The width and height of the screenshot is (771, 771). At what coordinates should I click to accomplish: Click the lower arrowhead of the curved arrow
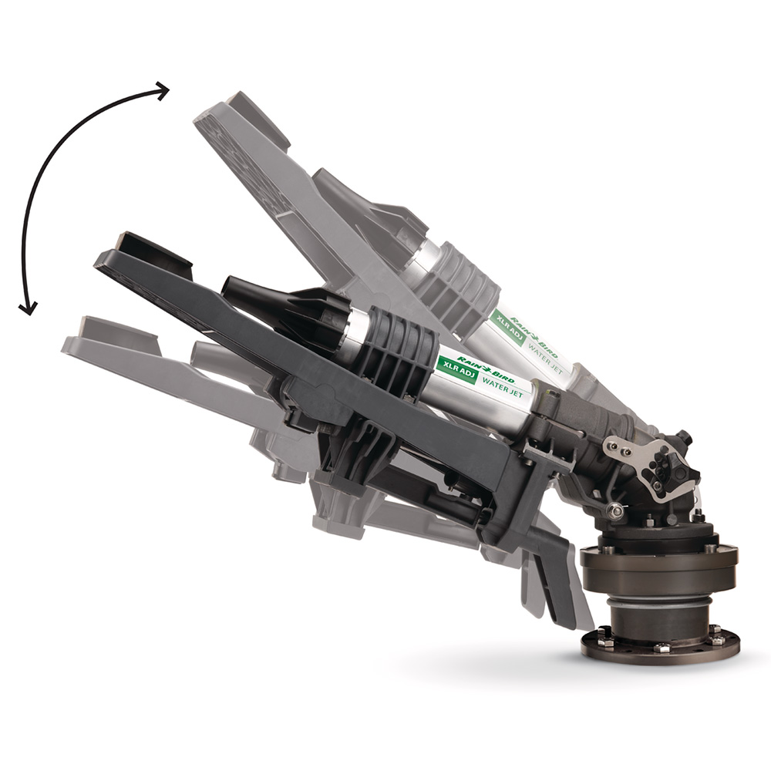[x=27, y=308]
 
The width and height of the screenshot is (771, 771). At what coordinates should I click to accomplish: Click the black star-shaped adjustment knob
[x=662, y=467]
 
